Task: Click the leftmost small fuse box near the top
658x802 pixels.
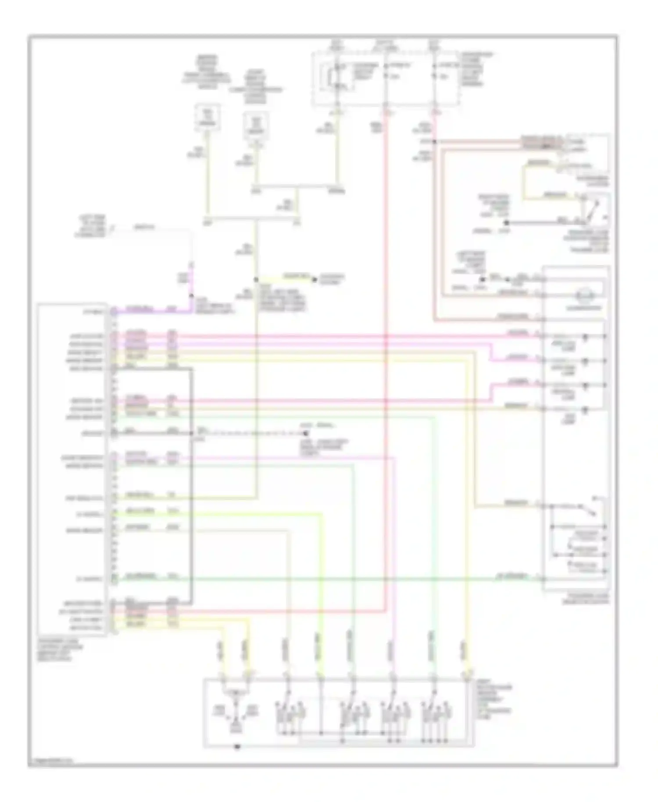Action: [208, 118]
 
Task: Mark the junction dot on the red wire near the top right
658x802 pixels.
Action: [434, 142]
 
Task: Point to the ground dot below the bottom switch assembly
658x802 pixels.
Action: [237, 746]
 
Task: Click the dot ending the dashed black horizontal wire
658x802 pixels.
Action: [306, 433]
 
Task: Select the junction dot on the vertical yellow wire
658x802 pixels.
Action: [256, 279]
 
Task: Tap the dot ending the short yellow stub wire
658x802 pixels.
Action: [314, 279]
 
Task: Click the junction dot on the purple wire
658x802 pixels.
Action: [191, 296]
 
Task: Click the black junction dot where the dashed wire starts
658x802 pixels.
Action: [192, 433]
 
